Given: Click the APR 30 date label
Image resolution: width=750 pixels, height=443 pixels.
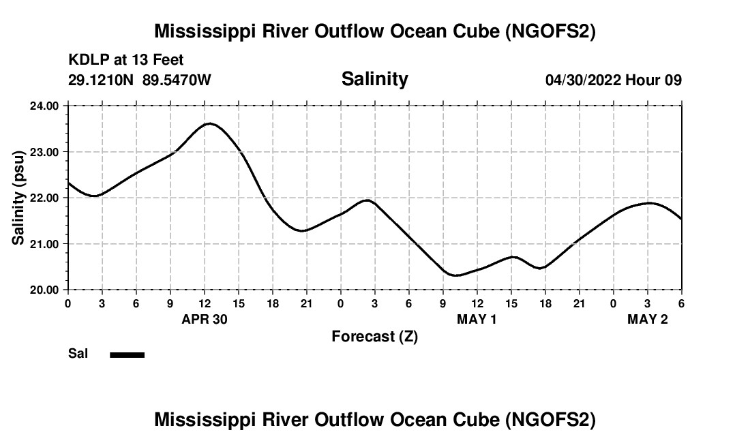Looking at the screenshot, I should pos(205,320).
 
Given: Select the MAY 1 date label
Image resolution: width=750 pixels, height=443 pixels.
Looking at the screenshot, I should pos(477,320).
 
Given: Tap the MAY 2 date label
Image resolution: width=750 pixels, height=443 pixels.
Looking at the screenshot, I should pos(648,320).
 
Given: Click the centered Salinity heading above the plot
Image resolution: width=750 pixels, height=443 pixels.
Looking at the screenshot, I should pos(374,79).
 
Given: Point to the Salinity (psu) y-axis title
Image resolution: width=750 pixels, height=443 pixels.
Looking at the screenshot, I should pos(19,198).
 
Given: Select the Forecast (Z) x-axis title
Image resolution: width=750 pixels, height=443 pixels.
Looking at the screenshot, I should pos(374,337).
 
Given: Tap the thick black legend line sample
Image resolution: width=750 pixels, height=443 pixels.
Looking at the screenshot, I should pos(127,354).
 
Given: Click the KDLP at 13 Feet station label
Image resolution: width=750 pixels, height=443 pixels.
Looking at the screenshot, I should pos(126,61).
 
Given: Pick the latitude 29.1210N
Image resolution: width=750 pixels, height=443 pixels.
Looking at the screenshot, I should pos(102,80).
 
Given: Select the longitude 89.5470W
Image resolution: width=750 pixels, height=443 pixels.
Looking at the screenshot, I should pos(177,80).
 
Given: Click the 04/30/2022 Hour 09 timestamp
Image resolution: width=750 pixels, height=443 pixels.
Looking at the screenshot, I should pos(613,80).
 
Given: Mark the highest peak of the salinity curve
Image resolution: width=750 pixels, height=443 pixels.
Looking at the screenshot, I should pos(209,123).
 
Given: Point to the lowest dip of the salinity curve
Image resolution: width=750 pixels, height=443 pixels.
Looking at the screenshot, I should pos(456,275).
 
